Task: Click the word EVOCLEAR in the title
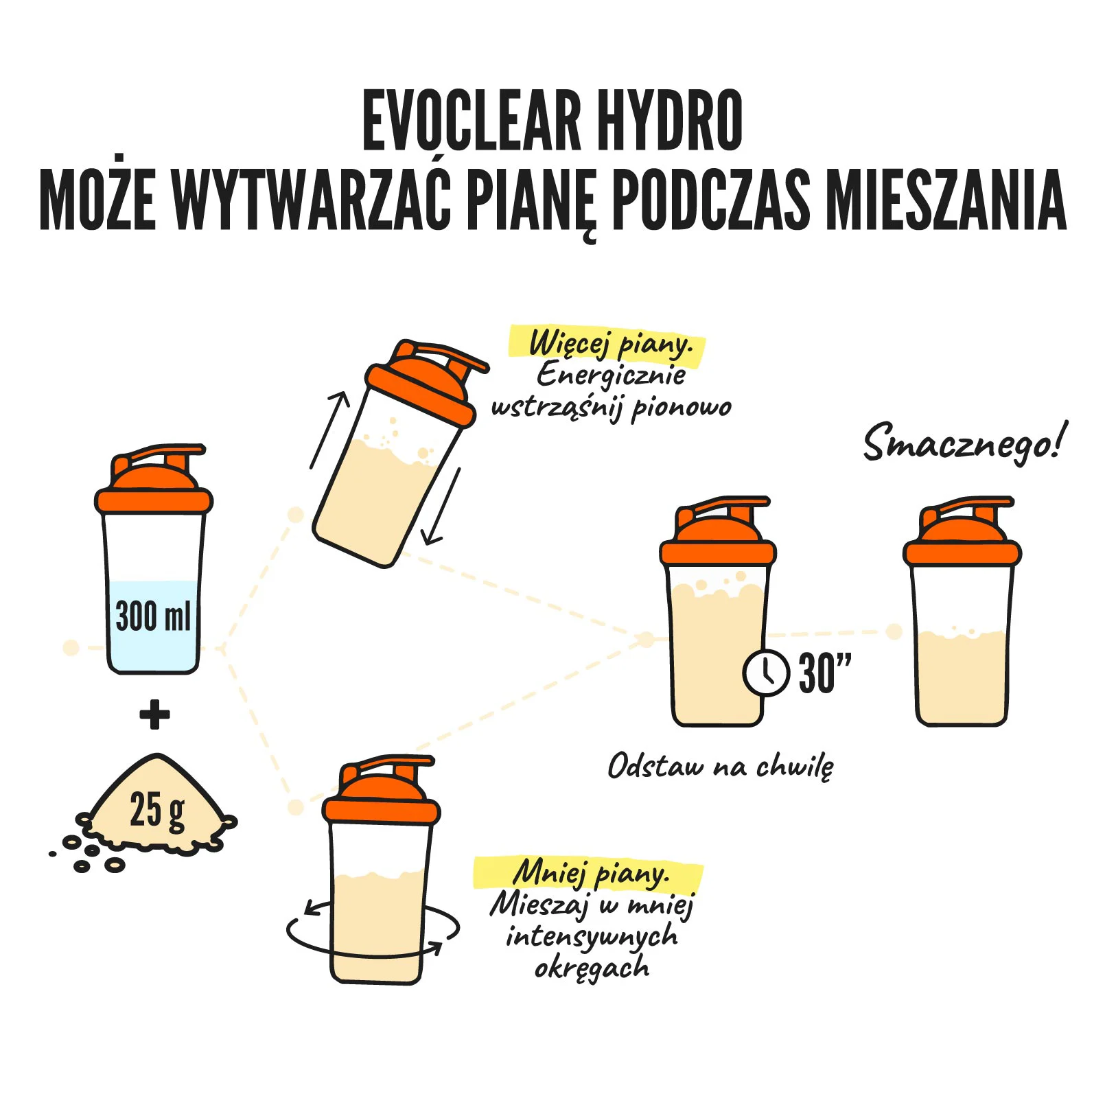(x=472, y=121)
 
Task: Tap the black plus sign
(x=154, y=714)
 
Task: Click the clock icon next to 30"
(x=767, y=673)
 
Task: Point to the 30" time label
(x=825, y=673)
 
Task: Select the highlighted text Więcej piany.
(x=608, y=343)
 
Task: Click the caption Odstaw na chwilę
(x=721, y=766)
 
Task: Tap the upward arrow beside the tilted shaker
(x=329, y=430)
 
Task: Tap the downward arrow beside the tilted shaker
(x=441, y=507)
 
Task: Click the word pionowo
(x=682, y=408)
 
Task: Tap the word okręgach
(x=592, y=968)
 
